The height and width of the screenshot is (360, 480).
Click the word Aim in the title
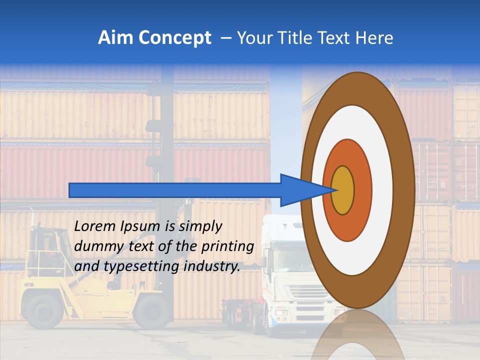115,38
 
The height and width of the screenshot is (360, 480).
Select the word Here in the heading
374,38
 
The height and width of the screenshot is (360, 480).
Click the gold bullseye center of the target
343,190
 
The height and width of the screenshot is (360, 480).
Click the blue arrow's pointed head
305,190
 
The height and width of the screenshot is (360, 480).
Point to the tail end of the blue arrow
71,190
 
